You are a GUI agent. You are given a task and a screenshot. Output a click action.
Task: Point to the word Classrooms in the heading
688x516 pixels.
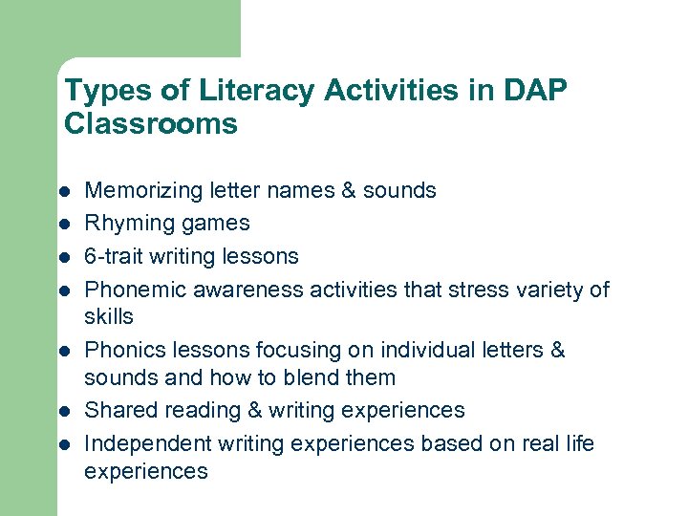150,123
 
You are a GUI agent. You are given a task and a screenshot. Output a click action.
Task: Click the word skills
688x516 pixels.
109,316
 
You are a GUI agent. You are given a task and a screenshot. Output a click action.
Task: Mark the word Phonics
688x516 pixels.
119,351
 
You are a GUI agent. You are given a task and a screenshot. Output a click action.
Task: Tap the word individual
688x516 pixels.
419,351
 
